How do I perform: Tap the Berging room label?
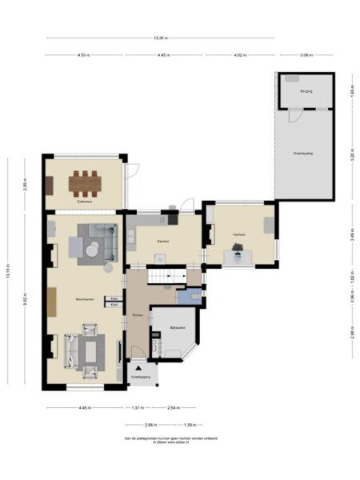[306, 92]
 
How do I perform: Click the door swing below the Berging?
[294, 116]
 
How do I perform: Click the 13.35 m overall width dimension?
[161, 38]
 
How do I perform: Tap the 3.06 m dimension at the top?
[305, 55]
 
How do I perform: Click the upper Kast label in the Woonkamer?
[114, 298]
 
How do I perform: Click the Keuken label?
[162, 241]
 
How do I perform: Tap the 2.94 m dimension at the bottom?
[149, 425]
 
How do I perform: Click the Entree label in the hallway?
[138, 315]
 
